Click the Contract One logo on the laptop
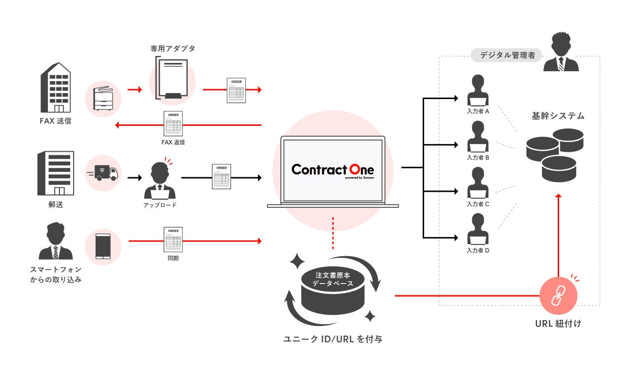pyautogui.click(x=332, y=170)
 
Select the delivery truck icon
pyautogui.click(x=103, y=173)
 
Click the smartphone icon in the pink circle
pyautogui.click(x=102, y=247)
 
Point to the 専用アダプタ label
pyautogui.click(x=173, y=49)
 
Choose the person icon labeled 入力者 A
pyautogui.click(x=478, y=91)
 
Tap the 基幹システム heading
pyautogui.click(x=558, y=116)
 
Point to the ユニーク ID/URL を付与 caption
pyautogui.click(x=333, y=339)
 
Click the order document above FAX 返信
pyautogui.click(x=173, y=124)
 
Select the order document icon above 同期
pyautogui.click(x=173, y=239)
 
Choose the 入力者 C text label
pyautogui.click(x=478, y=204)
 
